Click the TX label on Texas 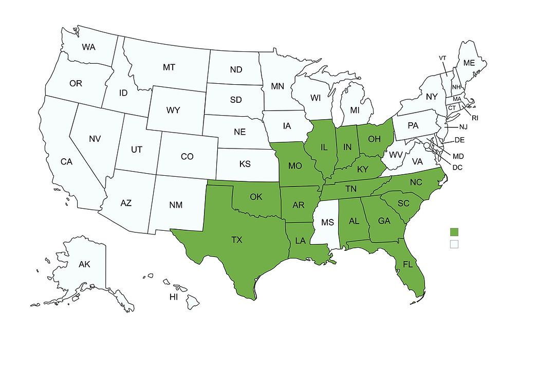coord(237,240)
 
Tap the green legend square coord(454,232)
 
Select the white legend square coord(454,244)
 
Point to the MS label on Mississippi coord(328,223)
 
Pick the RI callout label coord(475,118)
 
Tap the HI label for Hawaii coord(174,298)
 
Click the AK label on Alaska coord(84,265)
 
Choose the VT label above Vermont coord(442,58)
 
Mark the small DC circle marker coord(426,146)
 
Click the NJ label coord(463,127)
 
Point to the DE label coord(460,140)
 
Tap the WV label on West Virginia coord(395,155)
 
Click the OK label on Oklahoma coord(256,196)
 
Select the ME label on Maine coord(469,63)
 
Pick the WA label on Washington coord(89,47)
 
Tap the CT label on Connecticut coord(452,108)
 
